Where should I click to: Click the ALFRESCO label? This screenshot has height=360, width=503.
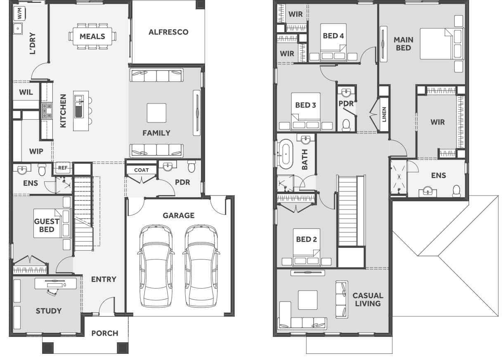[x=168, y=32]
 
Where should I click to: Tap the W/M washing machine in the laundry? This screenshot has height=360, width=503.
[x=19, y=13]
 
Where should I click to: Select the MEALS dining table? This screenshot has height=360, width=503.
[x=92, y=36]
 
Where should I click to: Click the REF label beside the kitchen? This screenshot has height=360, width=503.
[x=63, y=168]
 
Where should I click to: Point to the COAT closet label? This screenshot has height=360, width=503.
[x=142, y=170]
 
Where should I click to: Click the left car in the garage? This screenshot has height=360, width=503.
[x=156, y=266]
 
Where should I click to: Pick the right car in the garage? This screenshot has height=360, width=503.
[x=201, y=266]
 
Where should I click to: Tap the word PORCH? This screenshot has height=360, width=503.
[x=105, y=333]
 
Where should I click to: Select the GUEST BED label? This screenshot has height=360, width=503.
[x=47, y=225]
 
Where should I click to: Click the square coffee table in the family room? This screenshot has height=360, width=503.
[x=156, y=113]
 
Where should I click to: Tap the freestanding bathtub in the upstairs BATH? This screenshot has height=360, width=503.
[x=286, y=154]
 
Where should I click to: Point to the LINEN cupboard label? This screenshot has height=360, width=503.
[x=384, y=115]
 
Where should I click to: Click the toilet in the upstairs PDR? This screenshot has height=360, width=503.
[x=346, y=125]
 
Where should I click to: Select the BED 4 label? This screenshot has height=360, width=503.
[x=333, y=36]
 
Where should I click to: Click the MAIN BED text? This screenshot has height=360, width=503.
[x=403, y=44]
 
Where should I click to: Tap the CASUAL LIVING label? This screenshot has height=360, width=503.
[x=368, y=299]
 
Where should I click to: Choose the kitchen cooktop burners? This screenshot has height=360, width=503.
[x=47, y=111]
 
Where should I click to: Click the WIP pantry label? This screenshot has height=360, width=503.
[x=36, y=151]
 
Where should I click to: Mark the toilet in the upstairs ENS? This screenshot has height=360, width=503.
[x=456, y=191]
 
